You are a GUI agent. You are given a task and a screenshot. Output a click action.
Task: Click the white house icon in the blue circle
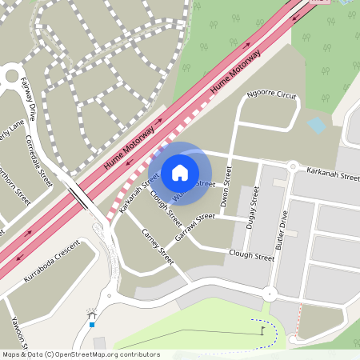[180, 172]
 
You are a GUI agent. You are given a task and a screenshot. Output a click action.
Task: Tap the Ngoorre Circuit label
[272, 95]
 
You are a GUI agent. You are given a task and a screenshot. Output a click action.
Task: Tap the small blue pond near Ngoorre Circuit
[317, 126]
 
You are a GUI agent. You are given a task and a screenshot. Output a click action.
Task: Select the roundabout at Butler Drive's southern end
[270, 294]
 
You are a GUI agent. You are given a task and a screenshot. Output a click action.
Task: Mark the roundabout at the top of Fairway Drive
[11, 78]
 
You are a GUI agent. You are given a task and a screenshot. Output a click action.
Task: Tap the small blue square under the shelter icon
[92, 325]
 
